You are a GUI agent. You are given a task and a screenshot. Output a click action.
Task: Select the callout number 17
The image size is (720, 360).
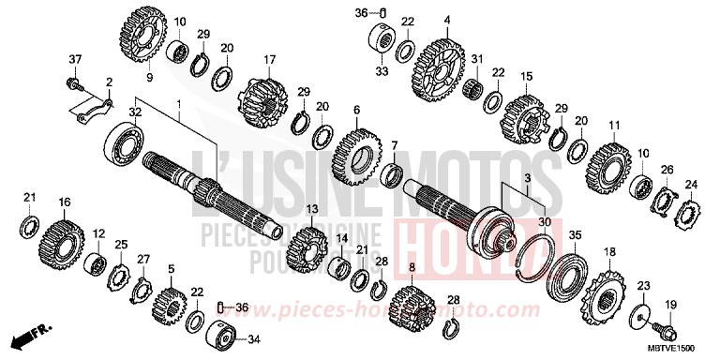tap(269, 60)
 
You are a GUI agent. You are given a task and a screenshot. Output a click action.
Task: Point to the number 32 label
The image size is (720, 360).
tap(136, 111)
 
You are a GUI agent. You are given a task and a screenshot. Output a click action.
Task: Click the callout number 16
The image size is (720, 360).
tap(65, 201)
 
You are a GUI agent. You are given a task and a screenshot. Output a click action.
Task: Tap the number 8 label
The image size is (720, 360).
tap(410, 268)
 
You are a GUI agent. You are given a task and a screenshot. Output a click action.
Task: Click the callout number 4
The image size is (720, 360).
tap(447, 20)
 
